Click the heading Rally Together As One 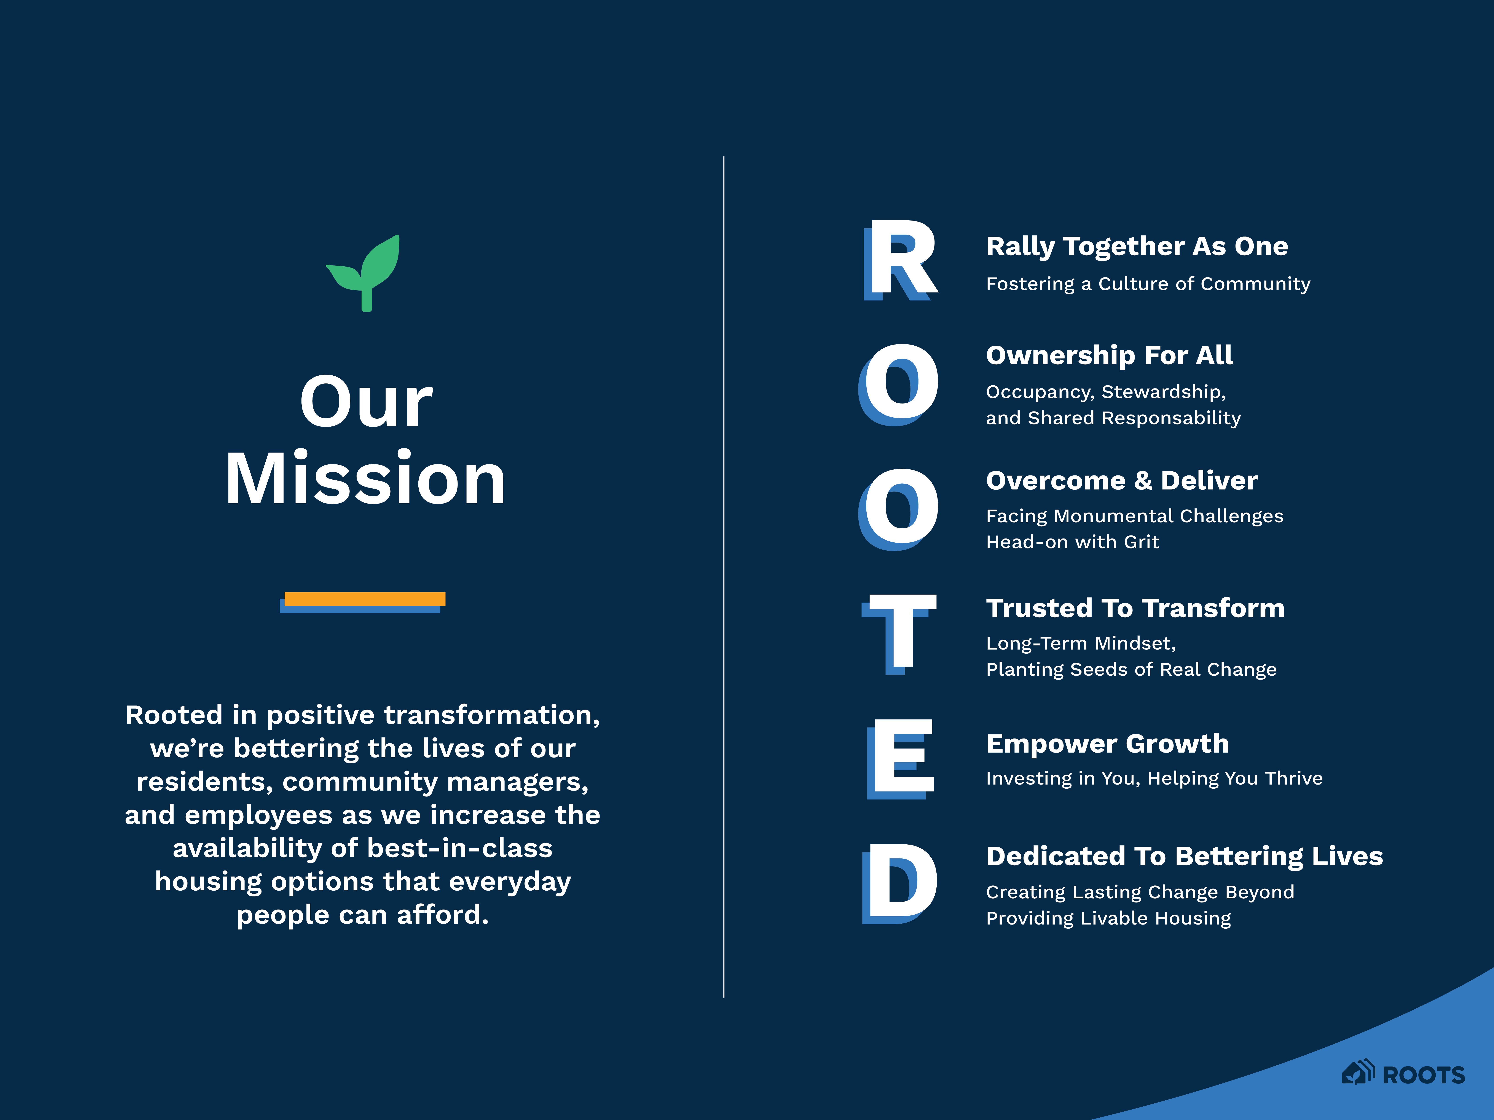coord(1137,246)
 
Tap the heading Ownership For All coord(1109,355)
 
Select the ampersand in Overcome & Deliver coord(1143,481)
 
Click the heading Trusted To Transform coord(1135,608)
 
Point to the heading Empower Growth coord(1107,743)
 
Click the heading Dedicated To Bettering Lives coord(1184,856)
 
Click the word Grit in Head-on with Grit coord(1142,542)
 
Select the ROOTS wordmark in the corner coord(1424,1075)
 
